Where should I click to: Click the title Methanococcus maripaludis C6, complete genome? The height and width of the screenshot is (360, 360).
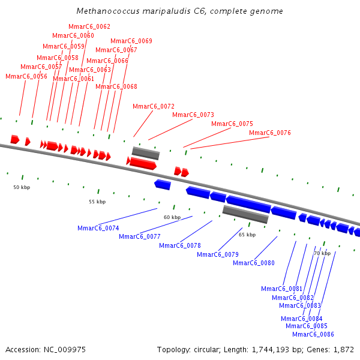(x=180, y=11)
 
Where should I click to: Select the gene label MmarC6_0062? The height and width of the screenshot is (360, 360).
(x=89, y=26)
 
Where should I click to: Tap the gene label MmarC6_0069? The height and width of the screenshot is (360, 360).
(x=131, y=41)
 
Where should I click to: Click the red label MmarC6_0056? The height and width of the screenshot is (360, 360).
(x=26, y=76)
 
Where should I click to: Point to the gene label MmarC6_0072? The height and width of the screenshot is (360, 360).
(x=154, y=106)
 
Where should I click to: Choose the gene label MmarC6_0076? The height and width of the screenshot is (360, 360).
(x=270, y=133)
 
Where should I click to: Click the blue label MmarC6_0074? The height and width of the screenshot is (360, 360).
(x=98, y=228)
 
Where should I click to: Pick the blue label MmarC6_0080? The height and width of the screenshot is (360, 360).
(x=254, y=263)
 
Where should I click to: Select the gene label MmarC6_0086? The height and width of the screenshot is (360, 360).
(x=313, y=334)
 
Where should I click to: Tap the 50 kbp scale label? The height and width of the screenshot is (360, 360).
(x=22, y=187)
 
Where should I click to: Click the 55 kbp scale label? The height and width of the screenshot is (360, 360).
(x=97, y=202)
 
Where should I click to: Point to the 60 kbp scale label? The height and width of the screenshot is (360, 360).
(x=172, y=217)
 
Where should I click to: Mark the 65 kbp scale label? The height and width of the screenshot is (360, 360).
(x=247, y=235)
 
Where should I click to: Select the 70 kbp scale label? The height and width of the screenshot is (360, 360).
(x=322, y=253)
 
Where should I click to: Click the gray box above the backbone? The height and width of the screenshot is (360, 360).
(x=146, y=153)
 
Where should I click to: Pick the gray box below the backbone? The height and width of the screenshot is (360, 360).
(x=245, y=214)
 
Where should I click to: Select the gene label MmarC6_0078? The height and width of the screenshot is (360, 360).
(x=180, y=245)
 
